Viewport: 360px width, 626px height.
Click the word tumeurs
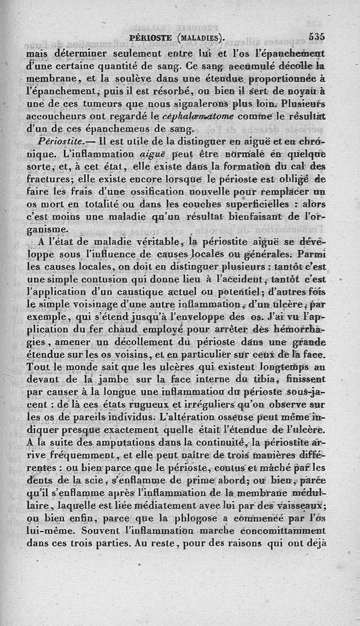point(100,104)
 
